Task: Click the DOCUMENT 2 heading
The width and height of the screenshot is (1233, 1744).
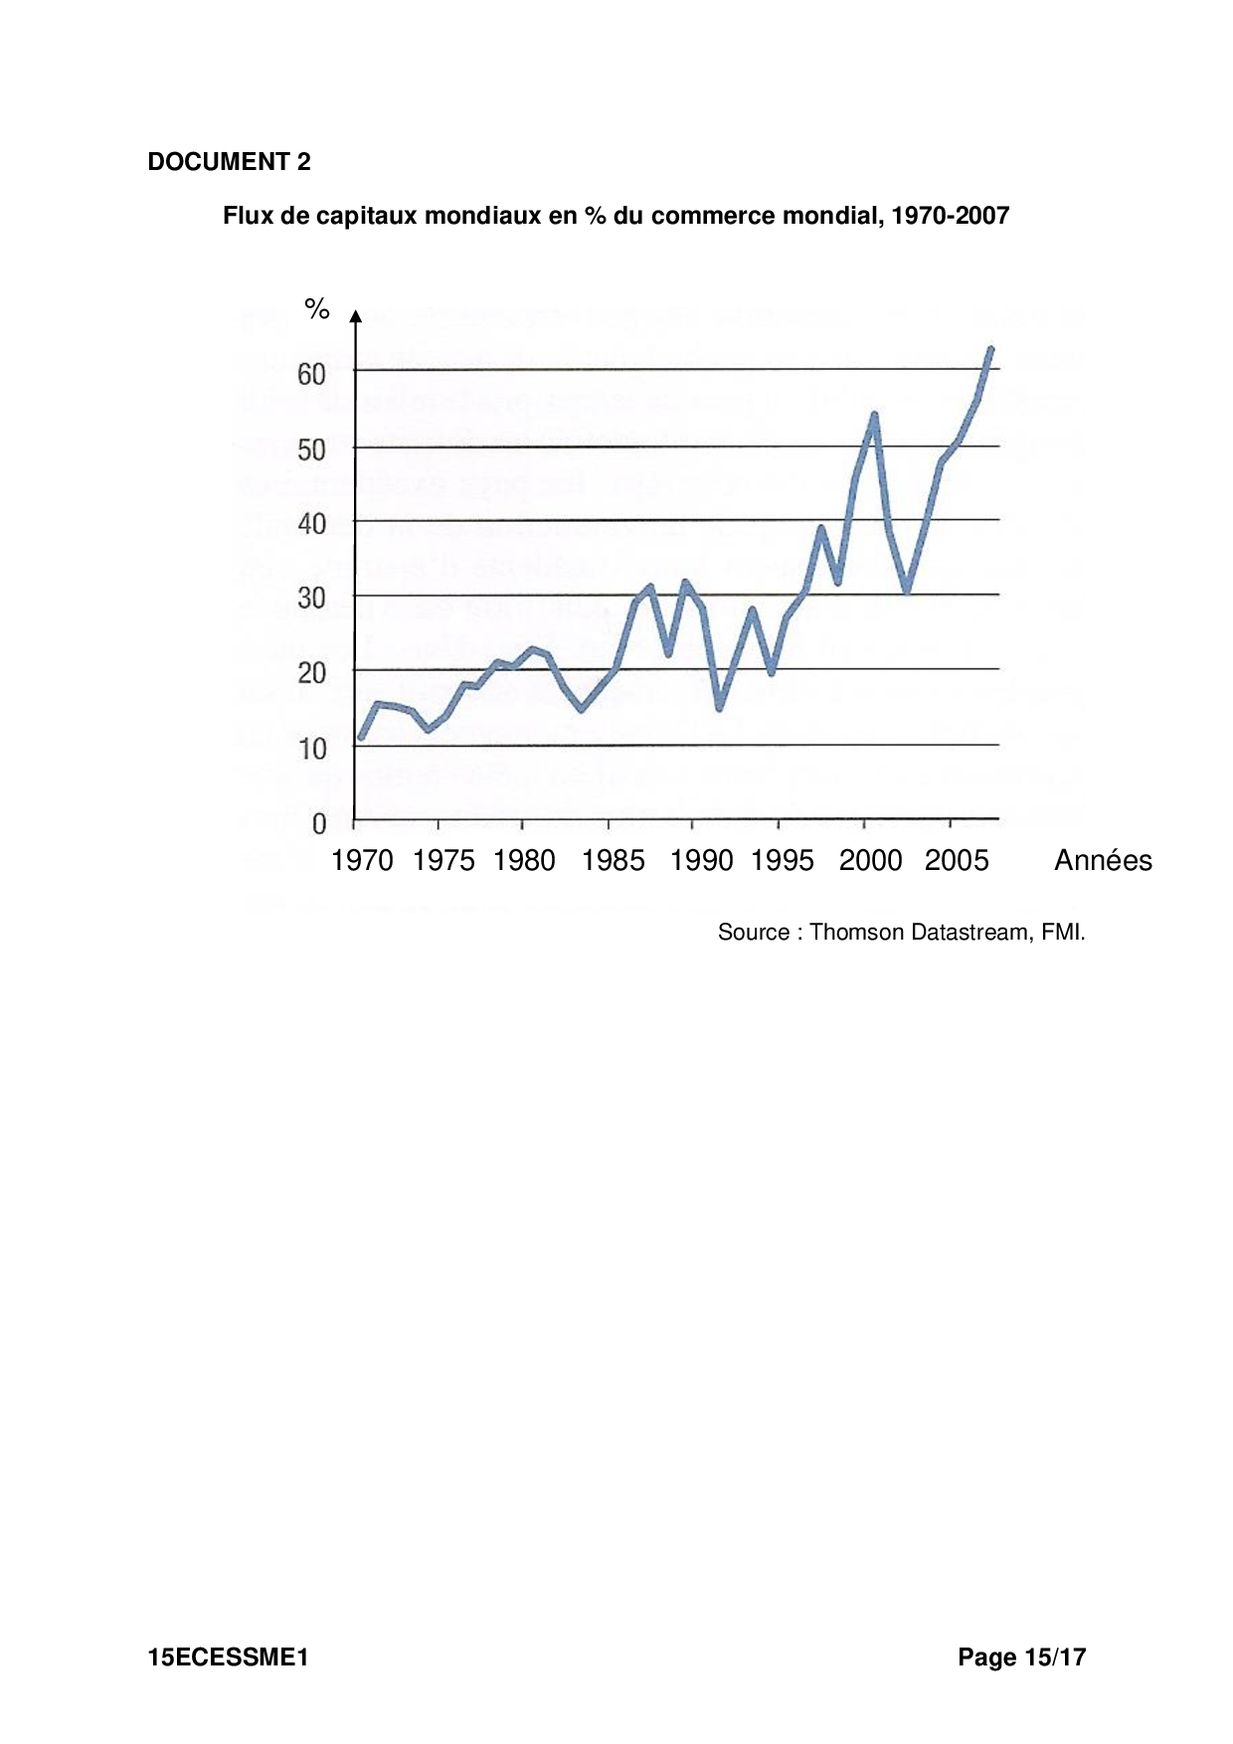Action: [229, 162]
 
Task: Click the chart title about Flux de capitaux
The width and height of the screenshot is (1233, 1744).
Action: [616, 216]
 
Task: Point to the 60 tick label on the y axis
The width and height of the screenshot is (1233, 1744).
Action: [311, 374]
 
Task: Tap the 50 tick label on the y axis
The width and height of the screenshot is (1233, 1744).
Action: [311, 449]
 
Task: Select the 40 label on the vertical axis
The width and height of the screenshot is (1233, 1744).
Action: [311, 524]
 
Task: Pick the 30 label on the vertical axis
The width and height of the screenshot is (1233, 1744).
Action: [311, 599]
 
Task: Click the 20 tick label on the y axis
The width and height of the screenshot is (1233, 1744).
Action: [311, 673]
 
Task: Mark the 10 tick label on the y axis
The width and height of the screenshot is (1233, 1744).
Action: [312, 749]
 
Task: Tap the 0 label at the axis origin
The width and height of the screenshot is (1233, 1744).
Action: [319, 823]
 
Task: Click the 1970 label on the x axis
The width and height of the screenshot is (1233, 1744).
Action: [362, 861]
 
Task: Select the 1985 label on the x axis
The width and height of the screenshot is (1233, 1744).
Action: [613, 861]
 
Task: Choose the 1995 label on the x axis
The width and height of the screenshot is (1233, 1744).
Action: [783, 861]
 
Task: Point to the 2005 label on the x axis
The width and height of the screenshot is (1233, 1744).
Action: [957, 861]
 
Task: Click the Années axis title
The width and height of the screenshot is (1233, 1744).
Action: [1103, 861]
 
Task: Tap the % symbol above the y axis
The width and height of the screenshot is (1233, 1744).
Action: [317, 309]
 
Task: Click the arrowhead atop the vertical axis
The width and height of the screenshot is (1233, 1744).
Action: [355, 316]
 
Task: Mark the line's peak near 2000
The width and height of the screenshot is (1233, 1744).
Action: [874, 415]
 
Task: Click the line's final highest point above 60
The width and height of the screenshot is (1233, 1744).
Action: [990, 349]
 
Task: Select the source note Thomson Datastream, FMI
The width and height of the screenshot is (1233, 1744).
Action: [901, 933]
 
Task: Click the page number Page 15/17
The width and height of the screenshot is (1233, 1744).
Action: [1021, 1657]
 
